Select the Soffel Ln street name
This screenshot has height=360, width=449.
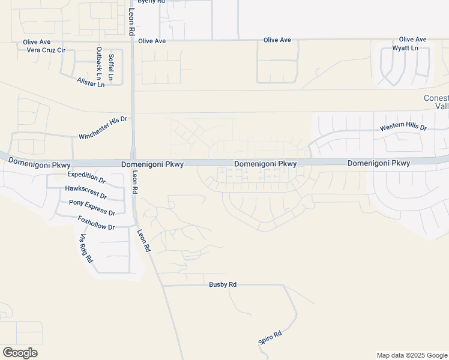111,67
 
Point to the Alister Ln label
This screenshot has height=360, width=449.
91,82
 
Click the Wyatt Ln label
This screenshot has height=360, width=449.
405,48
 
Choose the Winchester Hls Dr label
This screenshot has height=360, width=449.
103,128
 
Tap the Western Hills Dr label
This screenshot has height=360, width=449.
403,128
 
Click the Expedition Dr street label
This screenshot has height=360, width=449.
86,177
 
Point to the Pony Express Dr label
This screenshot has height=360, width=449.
92,208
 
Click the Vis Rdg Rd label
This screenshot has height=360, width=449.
86,248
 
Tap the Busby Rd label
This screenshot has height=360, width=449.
223,284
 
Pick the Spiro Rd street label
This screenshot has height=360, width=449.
270,337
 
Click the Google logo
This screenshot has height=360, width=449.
20,353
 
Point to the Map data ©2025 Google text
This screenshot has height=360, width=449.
412,355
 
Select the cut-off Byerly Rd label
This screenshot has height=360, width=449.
151,2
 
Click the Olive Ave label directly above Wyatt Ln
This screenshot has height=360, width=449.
412,39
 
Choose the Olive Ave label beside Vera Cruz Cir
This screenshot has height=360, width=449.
37,42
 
